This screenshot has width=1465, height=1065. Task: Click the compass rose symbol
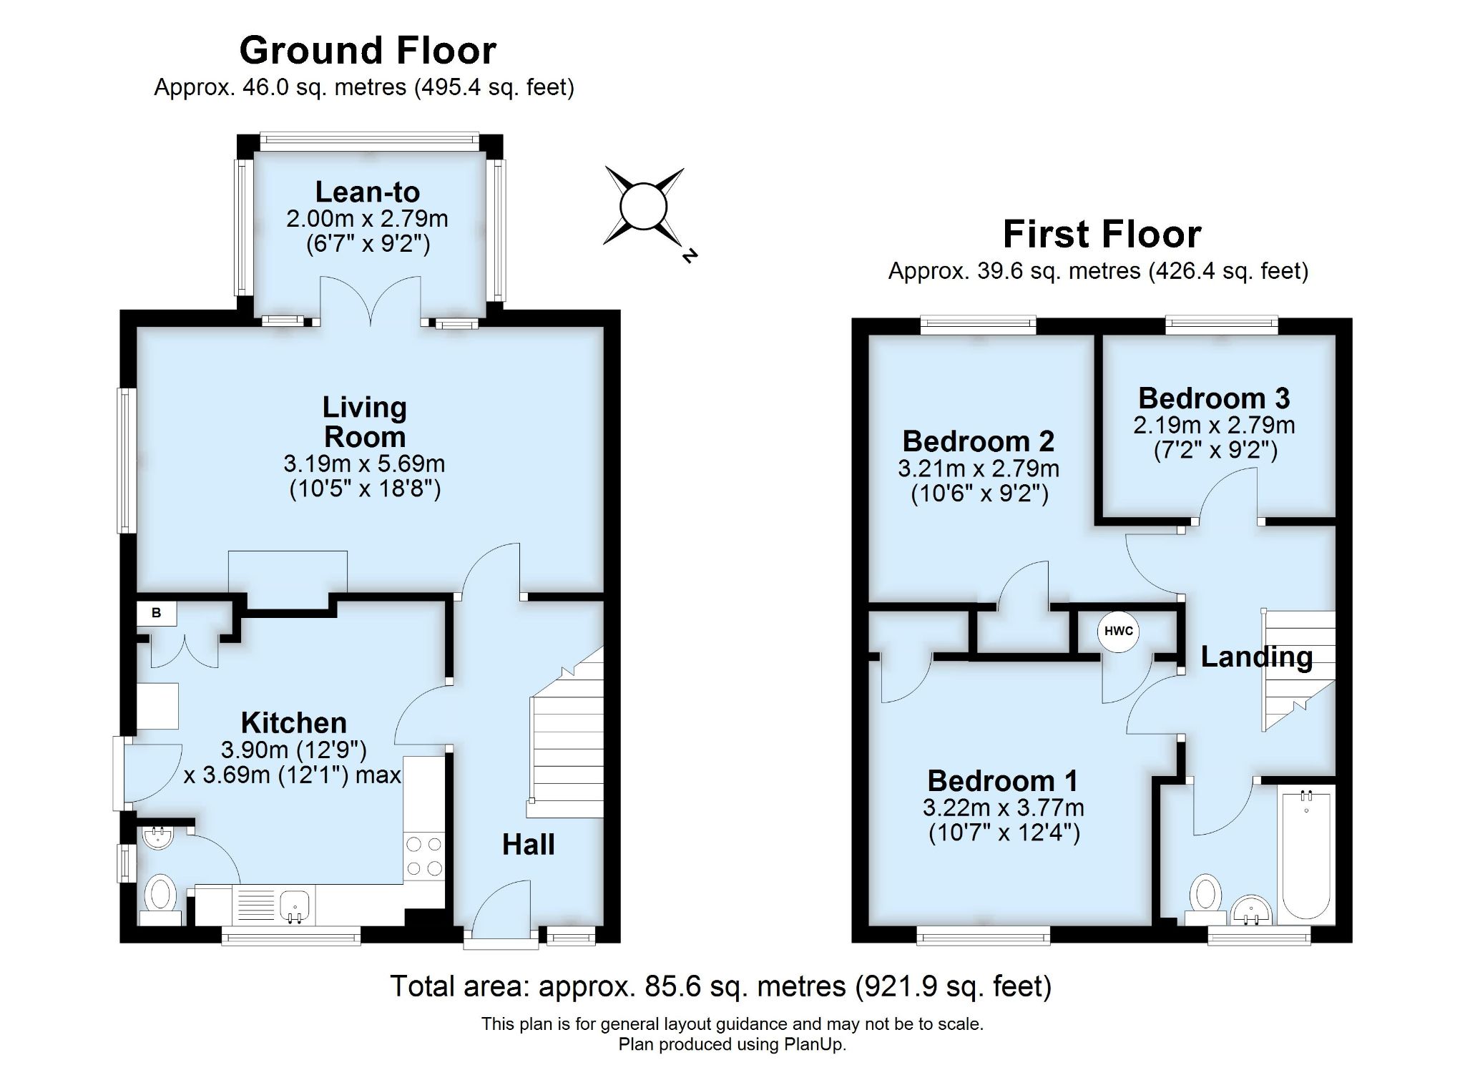644,207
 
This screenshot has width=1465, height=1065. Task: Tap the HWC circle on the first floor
1118,631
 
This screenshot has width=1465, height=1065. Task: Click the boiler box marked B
157,613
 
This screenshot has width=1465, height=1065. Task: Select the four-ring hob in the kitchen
423,857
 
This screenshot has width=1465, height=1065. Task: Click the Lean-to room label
367,192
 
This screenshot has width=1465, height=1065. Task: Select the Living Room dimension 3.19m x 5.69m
364,463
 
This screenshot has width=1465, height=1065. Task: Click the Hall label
528,845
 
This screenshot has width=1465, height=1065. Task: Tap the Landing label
1256,657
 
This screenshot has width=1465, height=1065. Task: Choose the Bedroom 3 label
1214,398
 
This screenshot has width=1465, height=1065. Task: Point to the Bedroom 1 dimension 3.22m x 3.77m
1003,808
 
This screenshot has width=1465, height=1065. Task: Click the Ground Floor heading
368,50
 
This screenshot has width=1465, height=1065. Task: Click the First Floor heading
1102,234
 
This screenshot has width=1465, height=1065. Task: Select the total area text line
720,986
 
